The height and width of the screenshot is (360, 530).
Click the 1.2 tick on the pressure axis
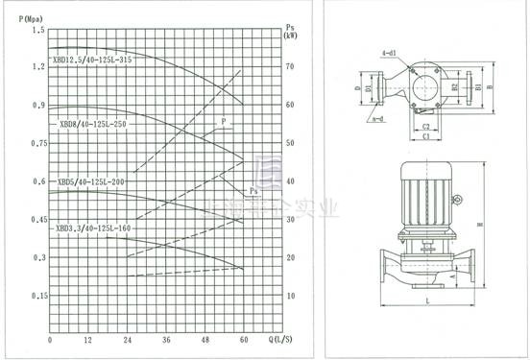[x=38, y=66]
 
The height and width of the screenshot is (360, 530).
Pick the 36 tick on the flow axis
[x=166, y=341]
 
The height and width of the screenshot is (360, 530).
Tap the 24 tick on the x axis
[x=127, y=341]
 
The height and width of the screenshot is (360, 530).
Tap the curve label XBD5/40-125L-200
[x=92, y=180]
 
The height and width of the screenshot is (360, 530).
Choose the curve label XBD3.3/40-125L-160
[x=93, y=228]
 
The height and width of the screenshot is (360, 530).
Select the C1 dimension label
[x=424, y=135]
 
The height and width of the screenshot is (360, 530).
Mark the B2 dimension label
[x=455, y=87]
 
